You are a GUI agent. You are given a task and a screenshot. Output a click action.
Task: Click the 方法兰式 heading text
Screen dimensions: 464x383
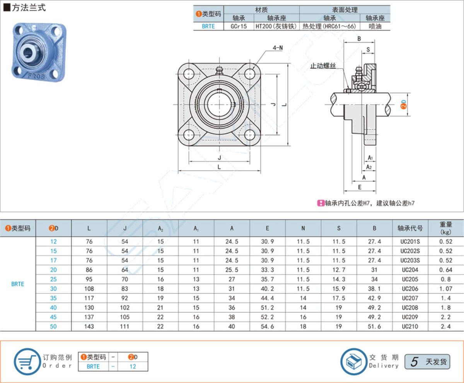pyautogui.click(x=29, y=8)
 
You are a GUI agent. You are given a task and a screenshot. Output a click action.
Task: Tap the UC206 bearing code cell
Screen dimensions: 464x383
pyautogui.click(x=410, y=289)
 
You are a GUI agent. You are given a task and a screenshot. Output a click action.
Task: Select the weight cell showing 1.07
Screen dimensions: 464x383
pyautogui.click(x=445, y=289)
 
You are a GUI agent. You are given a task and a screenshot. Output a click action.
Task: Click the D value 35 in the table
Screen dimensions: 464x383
pyautogui.click(x=53, y=298)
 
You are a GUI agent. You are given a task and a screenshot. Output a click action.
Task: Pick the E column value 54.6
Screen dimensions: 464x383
pyautogui.click(x=267, y=327)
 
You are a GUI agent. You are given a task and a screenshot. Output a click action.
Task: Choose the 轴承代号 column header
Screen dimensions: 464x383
pyautogui.click(x=410, y=228)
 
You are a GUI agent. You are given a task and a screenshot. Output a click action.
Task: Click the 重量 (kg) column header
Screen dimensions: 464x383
pyautogui.click(x=446, y=228)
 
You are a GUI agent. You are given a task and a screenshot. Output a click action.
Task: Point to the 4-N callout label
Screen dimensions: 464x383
pyautogui.click(x=278, y=48)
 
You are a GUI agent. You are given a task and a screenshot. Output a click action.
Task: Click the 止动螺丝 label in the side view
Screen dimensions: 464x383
pyautogui.click(x=323, y=66)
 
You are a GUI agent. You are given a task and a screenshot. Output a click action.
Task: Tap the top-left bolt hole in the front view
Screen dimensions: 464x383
pyautogui.click(x=189, y=74)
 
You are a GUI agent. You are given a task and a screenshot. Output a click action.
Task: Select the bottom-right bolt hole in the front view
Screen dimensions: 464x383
pyautogui.click(x=249, y=135)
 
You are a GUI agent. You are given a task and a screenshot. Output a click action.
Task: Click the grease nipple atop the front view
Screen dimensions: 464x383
pyautogui.click(x=219, y=71)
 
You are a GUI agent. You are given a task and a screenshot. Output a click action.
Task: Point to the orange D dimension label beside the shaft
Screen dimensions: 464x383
pyautogui.click(x=403, y=104)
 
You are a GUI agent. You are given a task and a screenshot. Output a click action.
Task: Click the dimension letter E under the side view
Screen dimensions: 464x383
pyautogui.click(x=360, y=187)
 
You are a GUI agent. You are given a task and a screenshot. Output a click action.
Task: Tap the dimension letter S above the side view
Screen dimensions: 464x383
pyautogui.click(x=368, y=50)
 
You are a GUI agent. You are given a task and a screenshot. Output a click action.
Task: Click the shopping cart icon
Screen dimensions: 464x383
pyautogui.click(x=27, y=362)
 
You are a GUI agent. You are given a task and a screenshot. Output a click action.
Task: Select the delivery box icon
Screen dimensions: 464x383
pyautogui.click(x=354, y=362)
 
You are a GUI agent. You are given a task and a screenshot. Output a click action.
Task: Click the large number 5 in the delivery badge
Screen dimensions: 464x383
pyautogui.click(x=414, y=362)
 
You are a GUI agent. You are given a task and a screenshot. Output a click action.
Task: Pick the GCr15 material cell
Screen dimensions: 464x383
pyautogui.click(x=239, y=26)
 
